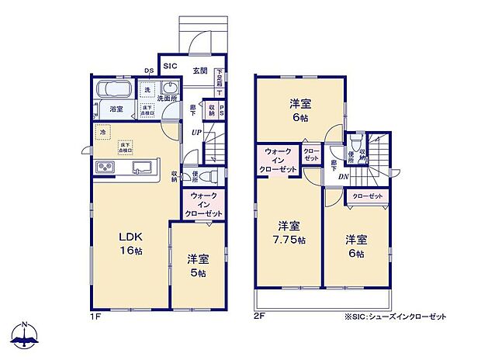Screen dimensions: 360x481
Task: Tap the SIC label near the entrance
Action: coord(170,67)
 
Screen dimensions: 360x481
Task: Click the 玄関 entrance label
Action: coord(199,71)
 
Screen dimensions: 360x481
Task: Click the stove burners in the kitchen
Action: coord(105,168)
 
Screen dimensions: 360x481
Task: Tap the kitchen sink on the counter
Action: coord(142,168)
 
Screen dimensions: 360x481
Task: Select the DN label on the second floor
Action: coord(343,176)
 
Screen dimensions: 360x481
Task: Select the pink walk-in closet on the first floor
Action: coord(205,205)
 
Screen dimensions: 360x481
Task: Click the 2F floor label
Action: coord(258,317)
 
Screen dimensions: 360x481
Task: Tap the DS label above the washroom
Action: coord(149,72)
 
